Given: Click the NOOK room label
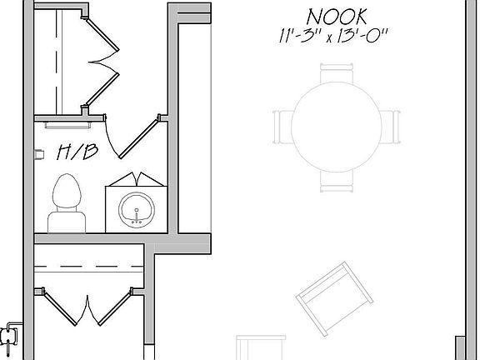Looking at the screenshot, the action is pos(337,17).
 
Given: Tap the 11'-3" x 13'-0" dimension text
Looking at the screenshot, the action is pos(333,36).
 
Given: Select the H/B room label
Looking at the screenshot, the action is pos(77,152).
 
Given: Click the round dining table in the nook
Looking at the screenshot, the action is pos(337,127).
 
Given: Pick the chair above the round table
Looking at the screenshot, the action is pos(337,72).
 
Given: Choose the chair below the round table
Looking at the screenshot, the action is pos(337,181).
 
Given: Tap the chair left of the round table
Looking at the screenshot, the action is pos(283,127).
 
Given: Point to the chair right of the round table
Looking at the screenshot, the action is pos(390,127).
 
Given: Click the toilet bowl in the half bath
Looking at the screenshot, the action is pos(67,192).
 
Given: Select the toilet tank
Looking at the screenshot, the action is pos(67,222).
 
